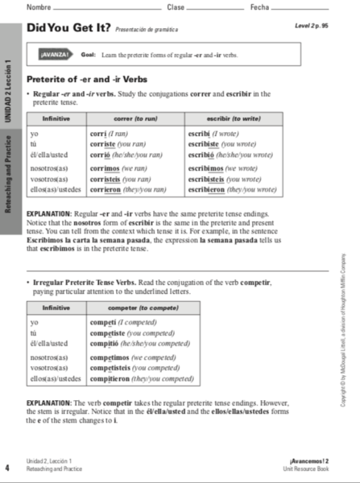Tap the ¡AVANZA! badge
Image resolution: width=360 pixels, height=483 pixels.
pyautogui.click(x=57, y=56)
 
